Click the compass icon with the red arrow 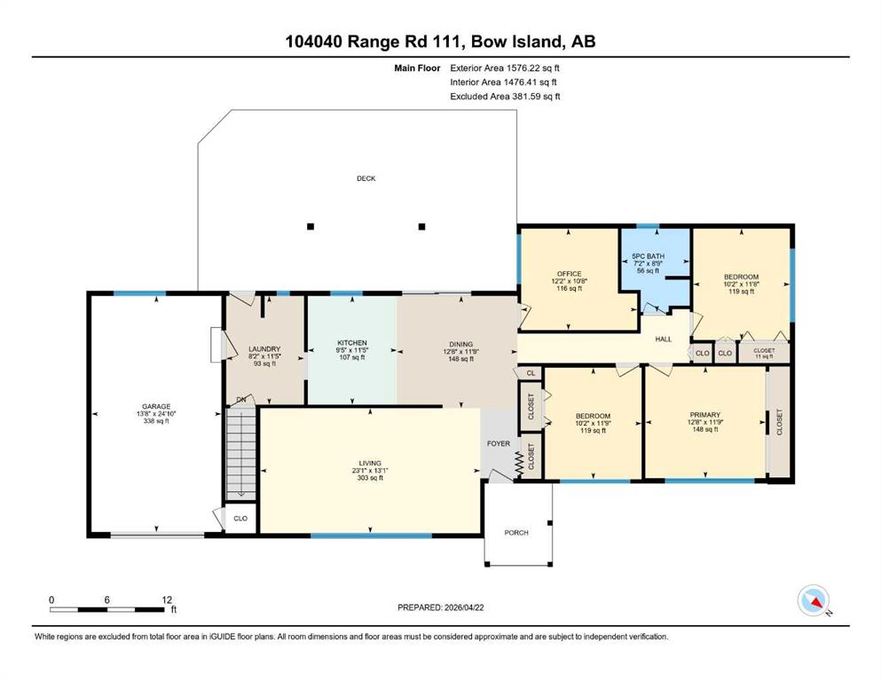(x=814, y=600)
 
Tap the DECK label (x=366, y=178)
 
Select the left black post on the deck (x=311, y=227)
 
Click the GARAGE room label (x=156, y=406)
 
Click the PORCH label (x=516, y=532)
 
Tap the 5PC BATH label (x=648, y=256)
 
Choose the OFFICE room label (x=570, y=274)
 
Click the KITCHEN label (x=351, y=343)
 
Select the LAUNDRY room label (x=264, y=349)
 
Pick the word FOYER (x=499, y=443)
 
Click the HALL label (x=664, y=339)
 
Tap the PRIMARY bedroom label (x=704, y=415)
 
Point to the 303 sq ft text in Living (x=370, y=478)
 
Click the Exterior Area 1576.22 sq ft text (x=505, y=68)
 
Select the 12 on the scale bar (x=167, y=599)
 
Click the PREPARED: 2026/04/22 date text (x=440, y=607)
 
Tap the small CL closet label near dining (x=531, y=373)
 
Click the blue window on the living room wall (x=371, y=536)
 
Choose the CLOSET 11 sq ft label (x=764, y=353)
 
